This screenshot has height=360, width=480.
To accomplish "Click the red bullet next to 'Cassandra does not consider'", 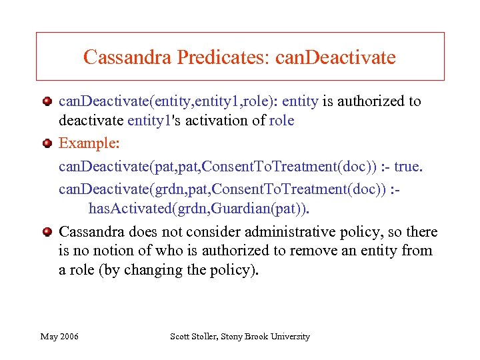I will (x=47, y=232).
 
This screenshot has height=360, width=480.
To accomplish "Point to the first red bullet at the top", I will (x=47, y=101).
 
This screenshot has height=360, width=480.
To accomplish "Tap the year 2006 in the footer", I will (x=69, y=337).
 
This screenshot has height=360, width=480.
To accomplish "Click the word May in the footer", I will (x=49, y=337).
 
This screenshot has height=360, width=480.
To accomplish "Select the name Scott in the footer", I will (x=182, y=337).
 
